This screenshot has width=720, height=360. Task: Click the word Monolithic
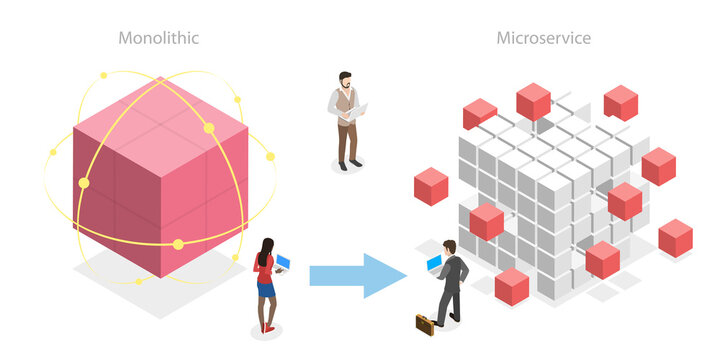(x=159, y=39)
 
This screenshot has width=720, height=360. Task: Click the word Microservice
(x=544, y=39)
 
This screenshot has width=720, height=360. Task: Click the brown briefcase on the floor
(x=427, y=322)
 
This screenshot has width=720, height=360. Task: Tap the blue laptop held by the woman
(x=283, y=263)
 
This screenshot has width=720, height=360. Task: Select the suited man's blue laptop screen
(x=434, y=263)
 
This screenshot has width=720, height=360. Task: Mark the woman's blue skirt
(x=265, y=290)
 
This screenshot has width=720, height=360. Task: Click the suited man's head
(x=450, y=247)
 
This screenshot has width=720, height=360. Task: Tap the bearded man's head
(x=345, y=79)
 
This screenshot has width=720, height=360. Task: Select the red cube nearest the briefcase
(x=511, y=285)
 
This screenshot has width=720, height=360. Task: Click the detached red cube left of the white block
(x=431, y=186)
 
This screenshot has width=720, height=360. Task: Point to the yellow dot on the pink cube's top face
(x=209, y=127)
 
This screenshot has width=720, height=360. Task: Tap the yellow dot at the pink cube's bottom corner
(x=178, y=244)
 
